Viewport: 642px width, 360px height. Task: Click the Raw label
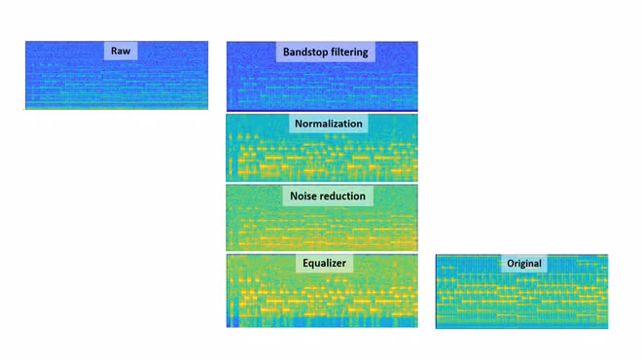[121, 51]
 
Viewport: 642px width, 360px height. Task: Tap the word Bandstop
[303, 52]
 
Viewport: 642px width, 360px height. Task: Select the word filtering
[347, 53]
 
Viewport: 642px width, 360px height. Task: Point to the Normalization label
[329, 124]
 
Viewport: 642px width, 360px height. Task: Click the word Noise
[303, 196]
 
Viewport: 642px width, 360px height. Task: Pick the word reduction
[341, 196]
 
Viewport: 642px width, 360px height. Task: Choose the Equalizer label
[324, 263]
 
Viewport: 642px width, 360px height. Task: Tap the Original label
[524, 264]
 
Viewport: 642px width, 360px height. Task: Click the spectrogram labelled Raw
[117, 75]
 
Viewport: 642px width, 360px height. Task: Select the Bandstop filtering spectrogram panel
[322, 76]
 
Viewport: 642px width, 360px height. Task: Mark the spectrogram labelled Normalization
[322, 148]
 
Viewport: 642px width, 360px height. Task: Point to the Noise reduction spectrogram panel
[322, 218]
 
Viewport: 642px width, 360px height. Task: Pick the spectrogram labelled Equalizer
[322, 291]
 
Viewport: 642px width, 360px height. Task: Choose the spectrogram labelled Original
[522, 291]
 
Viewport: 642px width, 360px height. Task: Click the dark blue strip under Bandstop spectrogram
[322, 110]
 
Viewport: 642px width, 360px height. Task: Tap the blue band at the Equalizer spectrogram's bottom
[322, 322]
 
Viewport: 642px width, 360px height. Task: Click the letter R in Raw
[114, 51]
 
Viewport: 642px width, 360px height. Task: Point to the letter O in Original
[511, 264]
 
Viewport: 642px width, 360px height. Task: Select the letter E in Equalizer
[305, 263]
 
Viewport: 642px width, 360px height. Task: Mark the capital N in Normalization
[299, 124]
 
